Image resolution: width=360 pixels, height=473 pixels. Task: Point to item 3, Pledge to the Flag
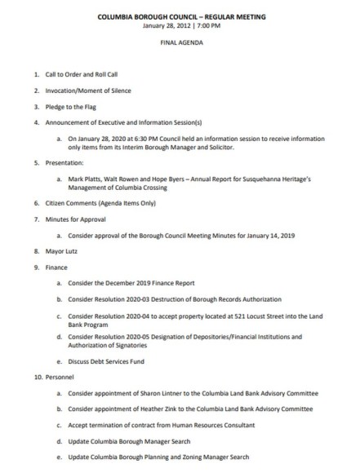click(73, 106)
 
